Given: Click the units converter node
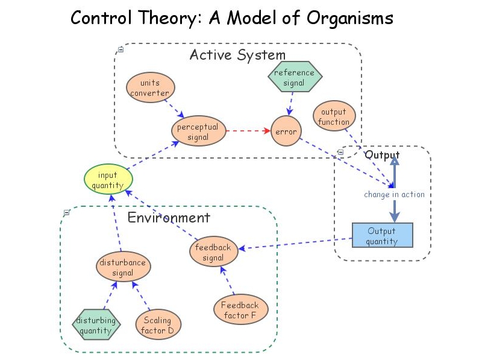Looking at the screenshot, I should [x=151, y=88].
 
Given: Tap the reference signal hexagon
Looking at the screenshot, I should [x=295, y=77].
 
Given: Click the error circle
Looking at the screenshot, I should [x=286, y=131].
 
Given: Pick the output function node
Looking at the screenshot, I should [x=334, y=116].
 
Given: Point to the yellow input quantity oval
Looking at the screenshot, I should [x=108, y=180].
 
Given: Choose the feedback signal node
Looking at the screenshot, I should [x=213, y=253].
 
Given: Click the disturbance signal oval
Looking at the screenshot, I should [x=123, y=268].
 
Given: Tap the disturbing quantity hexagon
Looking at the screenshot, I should [x=96, y=325].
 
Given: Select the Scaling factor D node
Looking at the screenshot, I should [x=158, y=325].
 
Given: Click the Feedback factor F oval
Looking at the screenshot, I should [x=240, y=310].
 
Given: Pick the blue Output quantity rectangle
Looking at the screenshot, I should [x=382, y=235].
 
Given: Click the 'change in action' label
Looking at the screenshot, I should [x=394, y=194].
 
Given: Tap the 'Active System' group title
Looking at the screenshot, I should [x=237, y=55].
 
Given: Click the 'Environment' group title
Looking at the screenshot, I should [x=169, y=218].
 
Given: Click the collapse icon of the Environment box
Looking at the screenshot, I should [x=67, y=212].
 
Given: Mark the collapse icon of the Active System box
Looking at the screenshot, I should [x=121, y=49].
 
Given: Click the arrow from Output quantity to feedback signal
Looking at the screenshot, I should [x=295, y=244].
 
